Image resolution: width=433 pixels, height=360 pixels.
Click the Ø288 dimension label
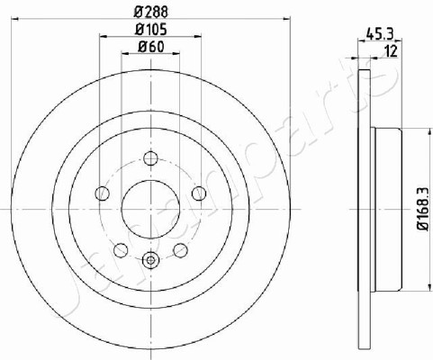coord(151,12)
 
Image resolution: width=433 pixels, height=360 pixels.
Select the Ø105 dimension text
coord(151,30)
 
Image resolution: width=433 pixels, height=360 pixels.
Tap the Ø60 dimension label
coord(151,47)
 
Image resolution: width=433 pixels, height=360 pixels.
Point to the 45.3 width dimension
coord(380,34)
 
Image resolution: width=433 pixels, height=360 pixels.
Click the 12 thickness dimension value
coord(392,51)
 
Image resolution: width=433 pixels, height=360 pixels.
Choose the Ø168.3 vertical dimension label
coord(423,209)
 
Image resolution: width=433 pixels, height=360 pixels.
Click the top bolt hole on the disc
coord(150,158)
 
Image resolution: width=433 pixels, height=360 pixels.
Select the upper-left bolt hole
coord(102,193)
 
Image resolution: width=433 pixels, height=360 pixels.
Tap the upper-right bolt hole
coord(199,193)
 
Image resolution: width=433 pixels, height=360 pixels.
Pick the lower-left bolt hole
coord(121,250)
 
